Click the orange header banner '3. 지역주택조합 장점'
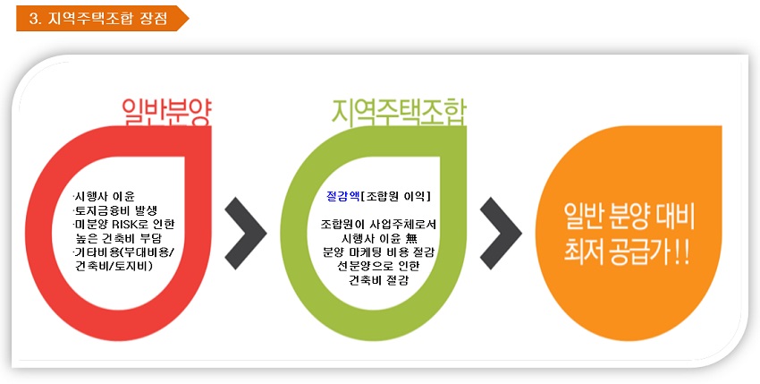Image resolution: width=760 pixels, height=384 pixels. click(x=102, y=19)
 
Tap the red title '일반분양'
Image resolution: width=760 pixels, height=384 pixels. click(x=166, y=113)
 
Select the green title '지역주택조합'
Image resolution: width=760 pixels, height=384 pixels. click(x=399, y=113)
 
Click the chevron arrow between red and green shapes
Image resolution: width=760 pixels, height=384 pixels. click(x=246, y=233)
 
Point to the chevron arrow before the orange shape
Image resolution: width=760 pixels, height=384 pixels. click(x=501, y=233)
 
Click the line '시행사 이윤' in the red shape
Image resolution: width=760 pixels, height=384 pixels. click(x=104, y=197)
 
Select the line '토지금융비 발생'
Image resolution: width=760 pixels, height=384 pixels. click(x=115, y=210)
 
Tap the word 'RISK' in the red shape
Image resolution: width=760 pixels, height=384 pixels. click(x=125, y=225)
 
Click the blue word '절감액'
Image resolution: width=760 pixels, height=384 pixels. click(x=343, y=196)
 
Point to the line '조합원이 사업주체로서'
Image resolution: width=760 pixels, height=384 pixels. click(x=378, y=225)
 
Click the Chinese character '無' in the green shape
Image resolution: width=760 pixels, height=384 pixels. click(x=411, y=238)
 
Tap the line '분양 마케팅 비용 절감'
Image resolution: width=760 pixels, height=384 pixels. click(x=378, y=252)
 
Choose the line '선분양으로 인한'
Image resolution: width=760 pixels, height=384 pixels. click(x=378, y=267)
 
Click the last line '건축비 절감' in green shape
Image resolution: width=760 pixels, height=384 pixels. click(x=378, y=280)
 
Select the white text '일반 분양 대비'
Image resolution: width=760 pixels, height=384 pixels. click(x=629, y=217)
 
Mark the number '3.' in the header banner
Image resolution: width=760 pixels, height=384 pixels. click(x=34, y=19)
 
